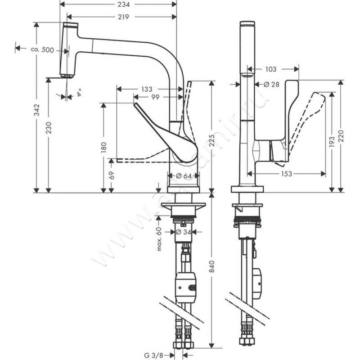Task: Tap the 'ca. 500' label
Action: [x=43, y=49]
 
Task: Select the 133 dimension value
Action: [x=146, y=89]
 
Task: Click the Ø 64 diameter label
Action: [x=184, y=176]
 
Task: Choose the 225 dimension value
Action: [x=210, y=141]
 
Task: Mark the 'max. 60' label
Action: [x=159, y=239]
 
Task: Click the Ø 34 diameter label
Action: [x=184, y=232]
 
